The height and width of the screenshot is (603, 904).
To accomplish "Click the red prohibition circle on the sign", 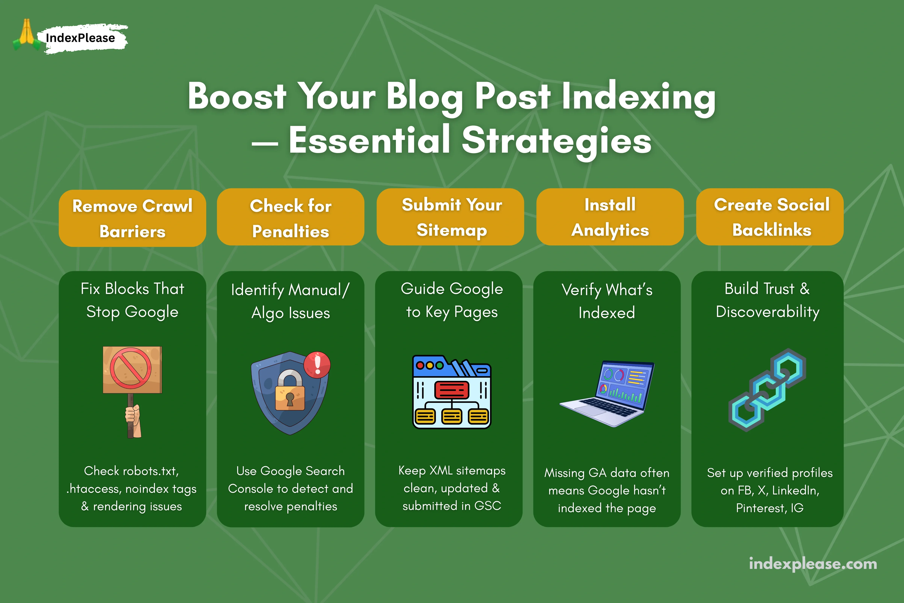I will coord(131,368).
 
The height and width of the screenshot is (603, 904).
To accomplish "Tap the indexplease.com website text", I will coord(813,564).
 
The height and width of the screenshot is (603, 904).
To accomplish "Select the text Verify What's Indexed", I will coord(607,301).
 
